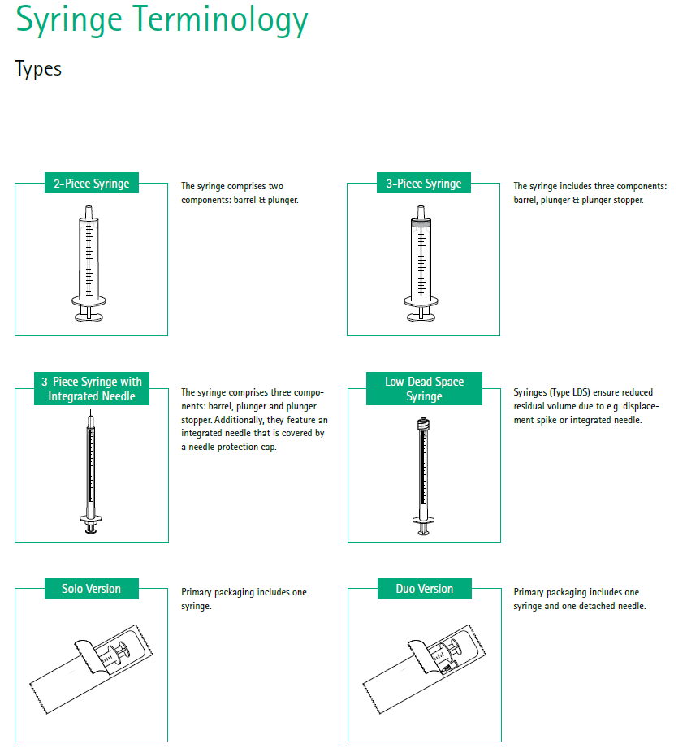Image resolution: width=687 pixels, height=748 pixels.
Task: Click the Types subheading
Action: coord(38,69)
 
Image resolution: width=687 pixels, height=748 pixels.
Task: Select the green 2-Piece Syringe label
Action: coord(91,184)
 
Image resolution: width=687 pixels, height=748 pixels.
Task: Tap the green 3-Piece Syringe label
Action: coord(423,184)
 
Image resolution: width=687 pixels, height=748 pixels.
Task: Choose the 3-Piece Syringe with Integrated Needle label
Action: coord(91,389)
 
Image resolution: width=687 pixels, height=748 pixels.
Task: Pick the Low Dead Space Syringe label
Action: coord(424,389)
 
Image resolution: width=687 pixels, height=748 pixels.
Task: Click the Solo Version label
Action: coord(91,589)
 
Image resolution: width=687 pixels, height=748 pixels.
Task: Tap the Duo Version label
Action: coord(424,589)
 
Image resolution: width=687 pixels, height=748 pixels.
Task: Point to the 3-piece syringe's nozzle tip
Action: coord(423,210)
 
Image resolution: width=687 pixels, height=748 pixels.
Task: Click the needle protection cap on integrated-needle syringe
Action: coord(91,422)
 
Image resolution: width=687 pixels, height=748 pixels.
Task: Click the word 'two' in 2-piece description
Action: coord(274,187)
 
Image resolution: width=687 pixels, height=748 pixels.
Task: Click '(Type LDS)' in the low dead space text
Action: coord(569,392)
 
